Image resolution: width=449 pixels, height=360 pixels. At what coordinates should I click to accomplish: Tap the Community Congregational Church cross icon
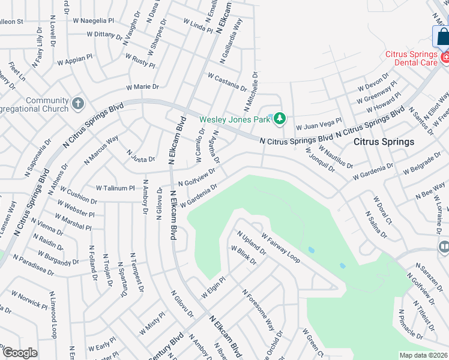(x=77, y=104)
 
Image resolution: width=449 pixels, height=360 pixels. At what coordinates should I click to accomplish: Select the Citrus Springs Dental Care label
(x=411, y=58)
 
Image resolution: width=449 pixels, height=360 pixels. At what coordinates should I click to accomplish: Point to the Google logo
(x=20, y=353)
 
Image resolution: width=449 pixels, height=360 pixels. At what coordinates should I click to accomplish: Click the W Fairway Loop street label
(x=279, y=246)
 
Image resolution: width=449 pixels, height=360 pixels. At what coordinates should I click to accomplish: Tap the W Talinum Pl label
(x=115, y=188)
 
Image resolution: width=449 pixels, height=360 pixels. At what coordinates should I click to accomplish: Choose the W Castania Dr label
(x=227, y=81)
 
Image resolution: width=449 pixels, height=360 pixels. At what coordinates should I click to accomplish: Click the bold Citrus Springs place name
(x=384, y=142)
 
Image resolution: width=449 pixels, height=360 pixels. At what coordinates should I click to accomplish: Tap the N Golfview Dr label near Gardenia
(x=196, y=179)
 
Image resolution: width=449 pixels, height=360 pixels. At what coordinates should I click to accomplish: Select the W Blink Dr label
(x=244, y=254)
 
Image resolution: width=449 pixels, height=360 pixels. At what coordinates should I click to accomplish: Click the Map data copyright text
(x=424, y=355)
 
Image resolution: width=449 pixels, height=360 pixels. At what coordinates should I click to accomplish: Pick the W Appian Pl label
(x=75, y=61)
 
